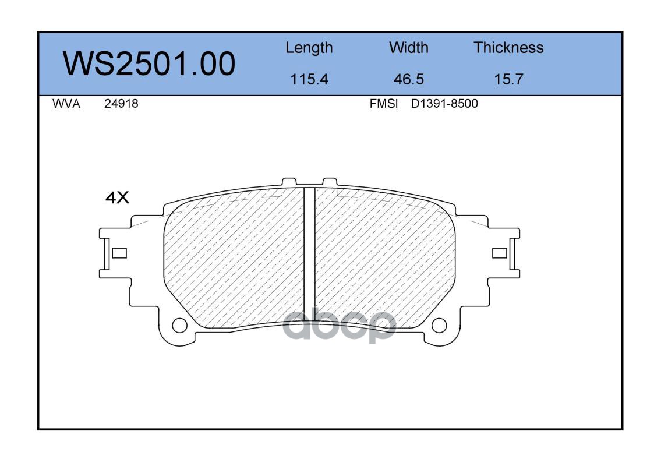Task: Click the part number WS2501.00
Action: [x=149, y=64]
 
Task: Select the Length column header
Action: [x=309, y=48]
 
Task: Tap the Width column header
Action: [x=408, y=47]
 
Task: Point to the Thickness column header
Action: [x=508, y=47]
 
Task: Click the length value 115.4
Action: [x=309, y=79]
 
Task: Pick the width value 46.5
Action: [x=408, y=79]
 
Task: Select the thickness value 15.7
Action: [x=508, y=79]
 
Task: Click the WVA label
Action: [x=66, y=104]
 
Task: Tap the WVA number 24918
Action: [x=121, y=104]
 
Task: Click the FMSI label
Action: [x=384, y=104]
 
